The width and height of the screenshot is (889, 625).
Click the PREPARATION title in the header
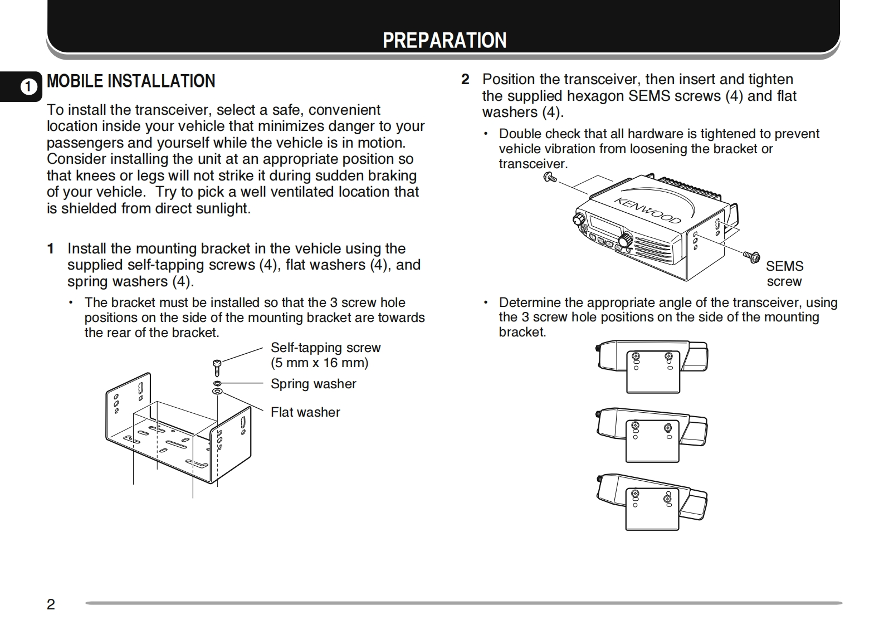(444, 40)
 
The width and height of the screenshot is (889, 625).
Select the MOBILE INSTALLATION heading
(131, 81)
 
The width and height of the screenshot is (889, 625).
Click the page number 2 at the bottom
(51, 604)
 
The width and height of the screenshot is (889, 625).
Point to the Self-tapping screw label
(325, 348)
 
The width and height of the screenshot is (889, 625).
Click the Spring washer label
(313, 384)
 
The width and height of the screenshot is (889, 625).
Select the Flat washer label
(305, 412)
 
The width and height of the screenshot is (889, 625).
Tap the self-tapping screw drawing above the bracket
(217, 367)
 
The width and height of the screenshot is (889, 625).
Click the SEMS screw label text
(784, 274)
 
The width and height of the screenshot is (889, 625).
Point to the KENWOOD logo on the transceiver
(647, 210)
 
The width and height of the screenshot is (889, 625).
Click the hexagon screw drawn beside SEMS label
(751, 256)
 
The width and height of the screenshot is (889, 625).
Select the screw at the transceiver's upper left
(549, 178)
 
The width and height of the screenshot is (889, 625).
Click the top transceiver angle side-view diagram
(652, 365)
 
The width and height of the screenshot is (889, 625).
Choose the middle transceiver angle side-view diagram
(652, 433)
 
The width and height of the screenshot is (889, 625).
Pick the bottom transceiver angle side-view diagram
(652, 501)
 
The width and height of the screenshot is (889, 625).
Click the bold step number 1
(51, 248)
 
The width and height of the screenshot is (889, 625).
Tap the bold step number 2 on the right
(465, 79)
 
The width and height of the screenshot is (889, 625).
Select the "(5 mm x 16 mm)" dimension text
(319, 363)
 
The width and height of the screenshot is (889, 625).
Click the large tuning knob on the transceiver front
(626, 240)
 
